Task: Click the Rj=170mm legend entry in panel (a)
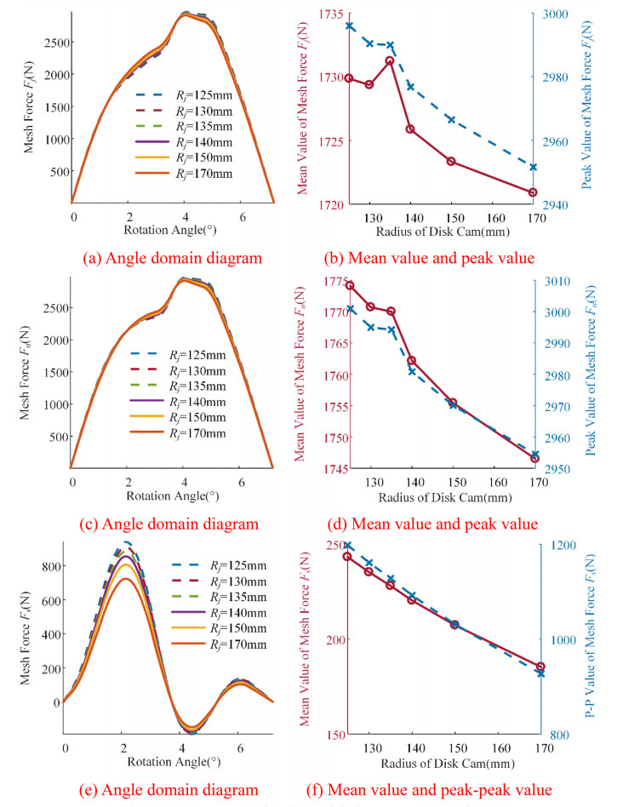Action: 183,174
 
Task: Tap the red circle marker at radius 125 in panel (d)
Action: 350,285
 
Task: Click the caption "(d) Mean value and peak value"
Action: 442,523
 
